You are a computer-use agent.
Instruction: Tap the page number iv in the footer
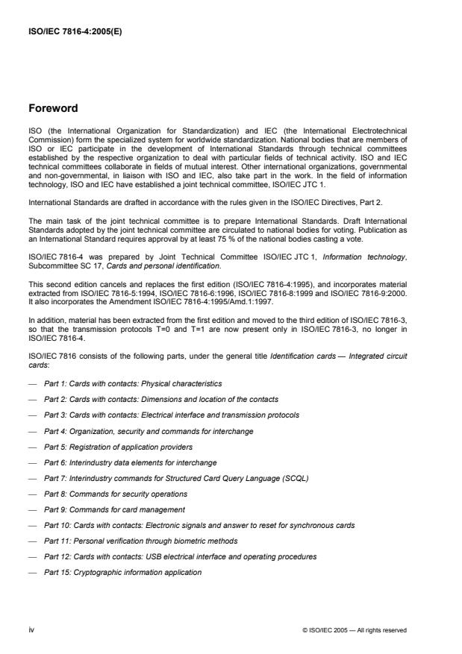(31, 630)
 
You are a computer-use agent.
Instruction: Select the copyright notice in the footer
(355, 630)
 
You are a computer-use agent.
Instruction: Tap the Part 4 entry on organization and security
(149, 430)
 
